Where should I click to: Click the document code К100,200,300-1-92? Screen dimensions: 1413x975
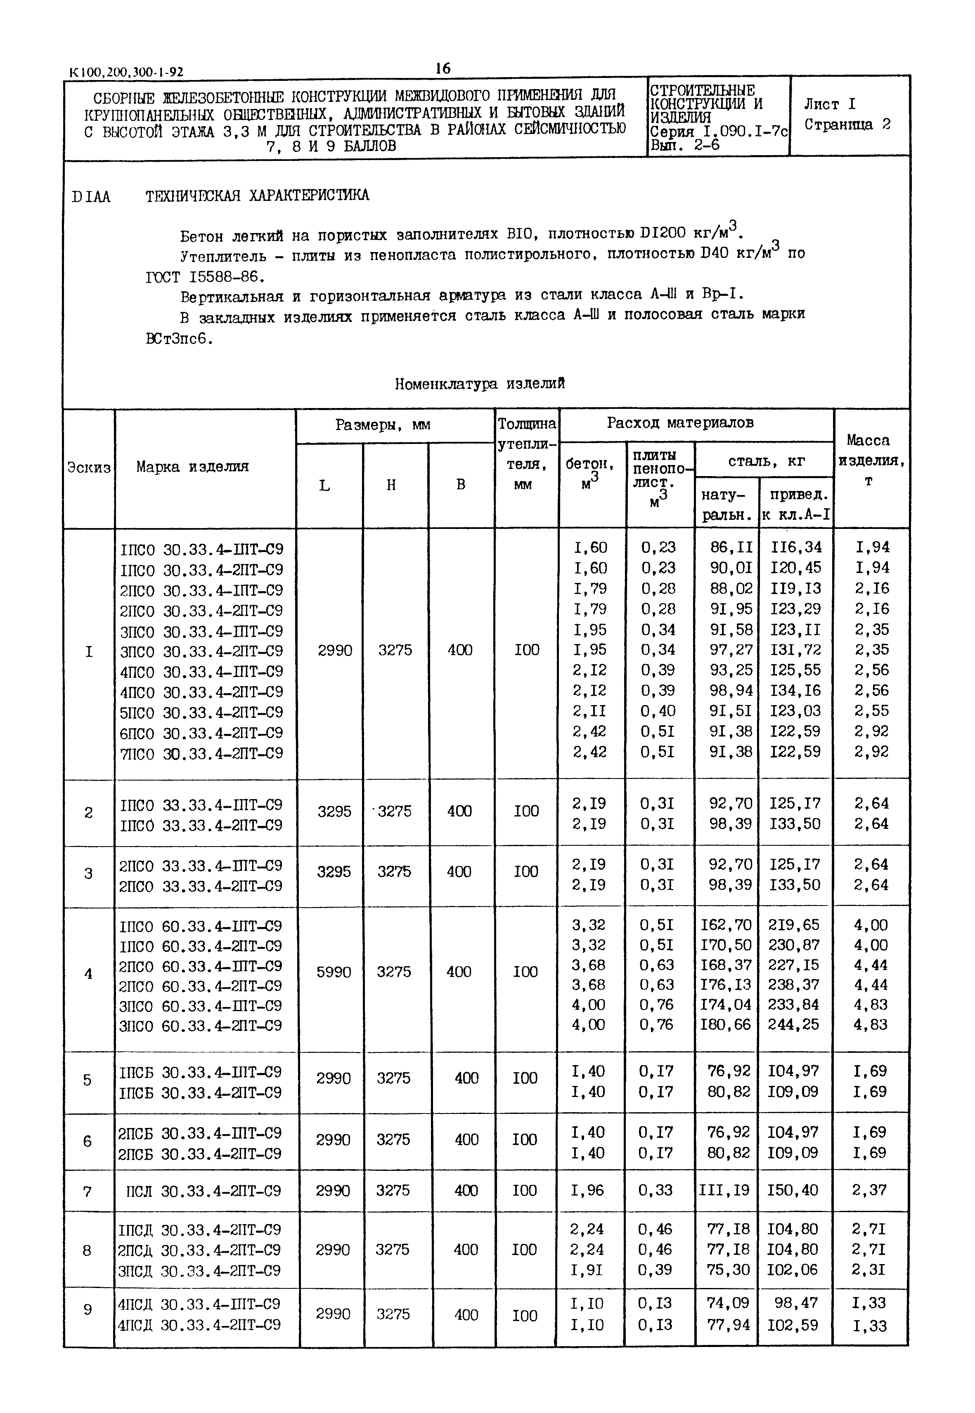tap(127, 72)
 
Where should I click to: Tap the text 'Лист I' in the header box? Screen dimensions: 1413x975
tap(830, 104)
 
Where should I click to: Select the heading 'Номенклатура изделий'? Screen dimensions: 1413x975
tap(480, 384)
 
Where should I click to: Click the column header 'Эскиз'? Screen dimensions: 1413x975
tap(89, 468)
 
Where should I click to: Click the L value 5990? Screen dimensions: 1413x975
tap(334, 972)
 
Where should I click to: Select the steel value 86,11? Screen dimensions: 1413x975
tap(731, 547)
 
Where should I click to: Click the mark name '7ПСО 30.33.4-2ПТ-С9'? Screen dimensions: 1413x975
tap(201, 753)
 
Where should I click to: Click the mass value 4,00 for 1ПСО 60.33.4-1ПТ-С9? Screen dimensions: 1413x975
tap(871, 925)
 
